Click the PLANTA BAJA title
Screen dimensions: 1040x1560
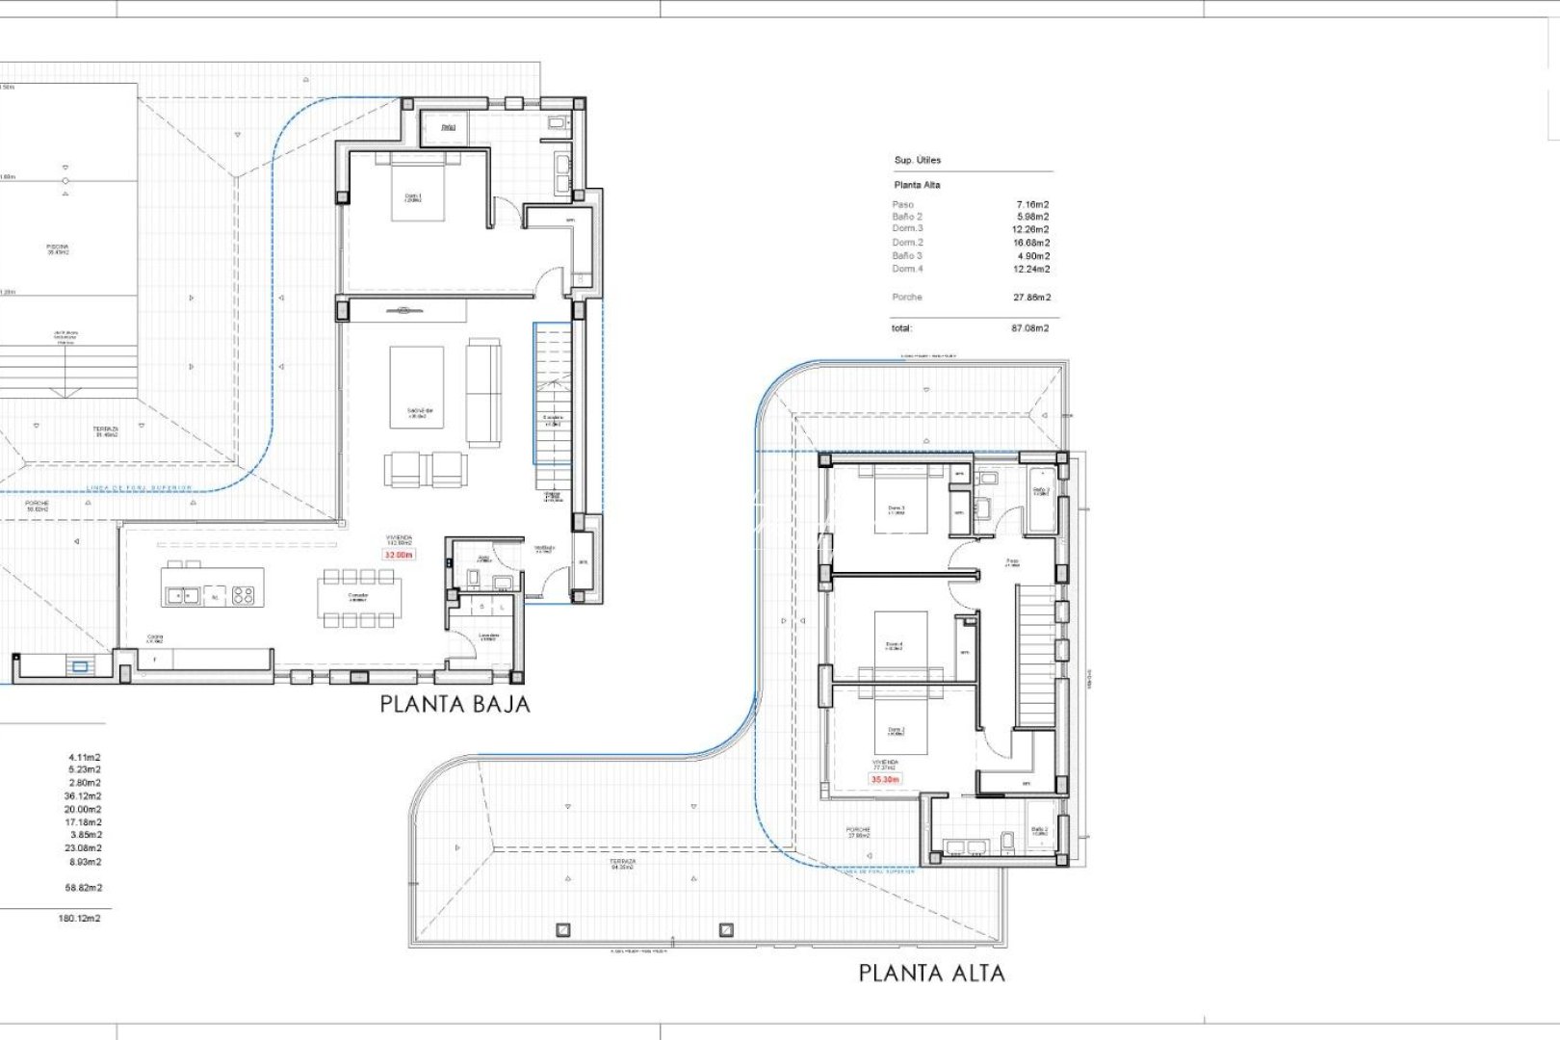455,704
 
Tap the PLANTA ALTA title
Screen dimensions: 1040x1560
931,974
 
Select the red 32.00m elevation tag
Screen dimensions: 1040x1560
399,556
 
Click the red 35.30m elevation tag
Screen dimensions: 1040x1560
885,779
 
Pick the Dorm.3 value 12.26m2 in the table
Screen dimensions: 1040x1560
1030,229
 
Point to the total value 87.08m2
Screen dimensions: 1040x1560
1029,328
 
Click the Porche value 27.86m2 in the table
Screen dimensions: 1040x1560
1031,298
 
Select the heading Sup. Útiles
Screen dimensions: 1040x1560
918,160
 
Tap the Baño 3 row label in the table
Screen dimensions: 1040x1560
907,256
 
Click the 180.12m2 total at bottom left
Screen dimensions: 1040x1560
79,919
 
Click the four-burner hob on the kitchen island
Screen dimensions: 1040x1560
243,596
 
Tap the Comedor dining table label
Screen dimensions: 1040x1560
358,596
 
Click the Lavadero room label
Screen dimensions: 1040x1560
488,637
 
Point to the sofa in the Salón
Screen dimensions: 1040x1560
483,392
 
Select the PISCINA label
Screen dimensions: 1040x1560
58,248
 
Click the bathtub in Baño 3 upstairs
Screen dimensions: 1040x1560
1041,501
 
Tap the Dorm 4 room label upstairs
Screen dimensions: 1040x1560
894,645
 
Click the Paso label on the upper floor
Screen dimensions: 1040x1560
1012,561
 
